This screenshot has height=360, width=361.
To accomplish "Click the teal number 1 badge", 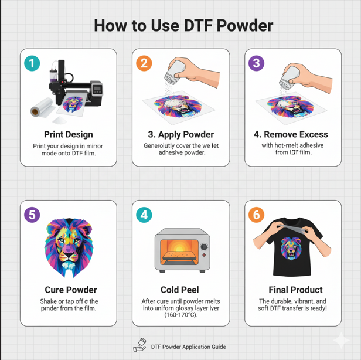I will coord(32,63).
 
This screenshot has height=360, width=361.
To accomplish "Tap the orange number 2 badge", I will coord(144,63).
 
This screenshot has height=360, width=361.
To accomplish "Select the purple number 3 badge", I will coord(256,63).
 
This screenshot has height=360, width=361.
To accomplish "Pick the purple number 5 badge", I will coord(32,214).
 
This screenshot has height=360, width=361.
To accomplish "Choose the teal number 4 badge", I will coord(144,214).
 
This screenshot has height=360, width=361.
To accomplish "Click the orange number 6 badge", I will coord(256,214).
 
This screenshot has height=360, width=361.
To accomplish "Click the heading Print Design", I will coord(68,134).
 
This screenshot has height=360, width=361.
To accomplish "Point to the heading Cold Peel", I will coord(180,290).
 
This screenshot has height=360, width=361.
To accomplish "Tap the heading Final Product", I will coord(292,290).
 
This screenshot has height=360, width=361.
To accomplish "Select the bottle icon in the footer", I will coord(139,346).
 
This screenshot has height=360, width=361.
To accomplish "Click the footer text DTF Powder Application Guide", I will coord(188,347).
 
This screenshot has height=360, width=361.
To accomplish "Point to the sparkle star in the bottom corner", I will coord(341,341).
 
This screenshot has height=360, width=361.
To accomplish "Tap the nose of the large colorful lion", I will coord(69,256).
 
